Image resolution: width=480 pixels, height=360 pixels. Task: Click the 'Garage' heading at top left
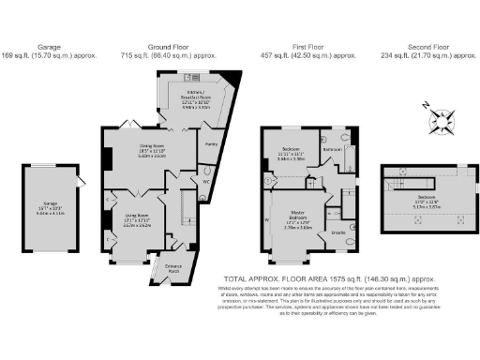click(49, 45)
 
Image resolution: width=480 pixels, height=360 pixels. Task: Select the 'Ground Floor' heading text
click(169, 45)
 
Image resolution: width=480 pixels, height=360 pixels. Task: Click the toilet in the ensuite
click(349, 241)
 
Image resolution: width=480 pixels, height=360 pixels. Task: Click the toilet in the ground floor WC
click(204, 183)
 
